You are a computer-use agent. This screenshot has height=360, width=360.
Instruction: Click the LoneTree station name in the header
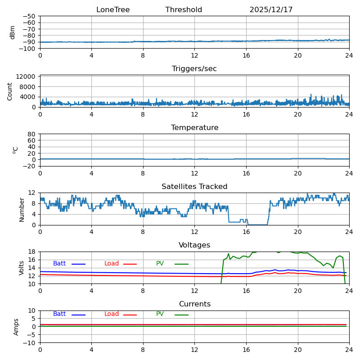(113, 10)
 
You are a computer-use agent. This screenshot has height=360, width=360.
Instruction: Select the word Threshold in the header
(184, 10)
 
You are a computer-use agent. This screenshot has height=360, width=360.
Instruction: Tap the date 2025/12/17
(271, 10)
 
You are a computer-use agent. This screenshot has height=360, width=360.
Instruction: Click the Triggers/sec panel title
(194, 69)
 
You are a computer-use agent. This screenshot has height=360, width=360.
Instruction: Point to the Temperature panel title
(194, 128)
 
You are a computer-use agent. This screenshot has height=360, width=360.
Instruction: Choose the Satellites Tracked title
(194, 187)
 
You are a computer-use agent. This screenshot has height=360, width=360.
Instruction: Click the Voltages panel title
(194, 245)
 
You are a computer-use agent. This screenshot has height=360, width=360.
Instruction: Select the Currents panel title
(194, 304)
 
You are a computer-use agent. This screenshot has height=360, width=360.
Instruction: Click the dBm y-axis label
(13, 32)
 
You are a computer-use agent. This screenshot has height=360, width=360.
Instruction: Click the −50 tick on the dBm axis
(30, 16)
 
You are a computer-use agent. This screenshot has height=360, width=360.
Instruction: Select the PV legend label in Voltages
(160, 264)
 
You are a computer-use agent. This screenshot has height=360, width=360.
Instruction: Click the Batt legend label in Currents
(59, 314)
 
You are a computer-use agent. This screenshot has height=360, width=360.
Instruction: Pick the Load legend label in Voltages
(112, 264)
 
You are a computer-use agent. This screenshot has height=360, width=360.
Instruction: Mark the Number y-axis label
(22, 209)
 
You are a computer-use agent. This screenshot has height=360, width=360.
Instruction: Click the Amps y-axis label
(17, 327)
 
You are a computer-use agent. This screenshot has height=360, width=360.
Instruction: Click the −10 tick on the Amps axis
(30, 343)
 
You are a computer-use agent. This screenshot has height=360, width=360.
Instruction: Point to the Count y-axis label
(10, 91)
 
